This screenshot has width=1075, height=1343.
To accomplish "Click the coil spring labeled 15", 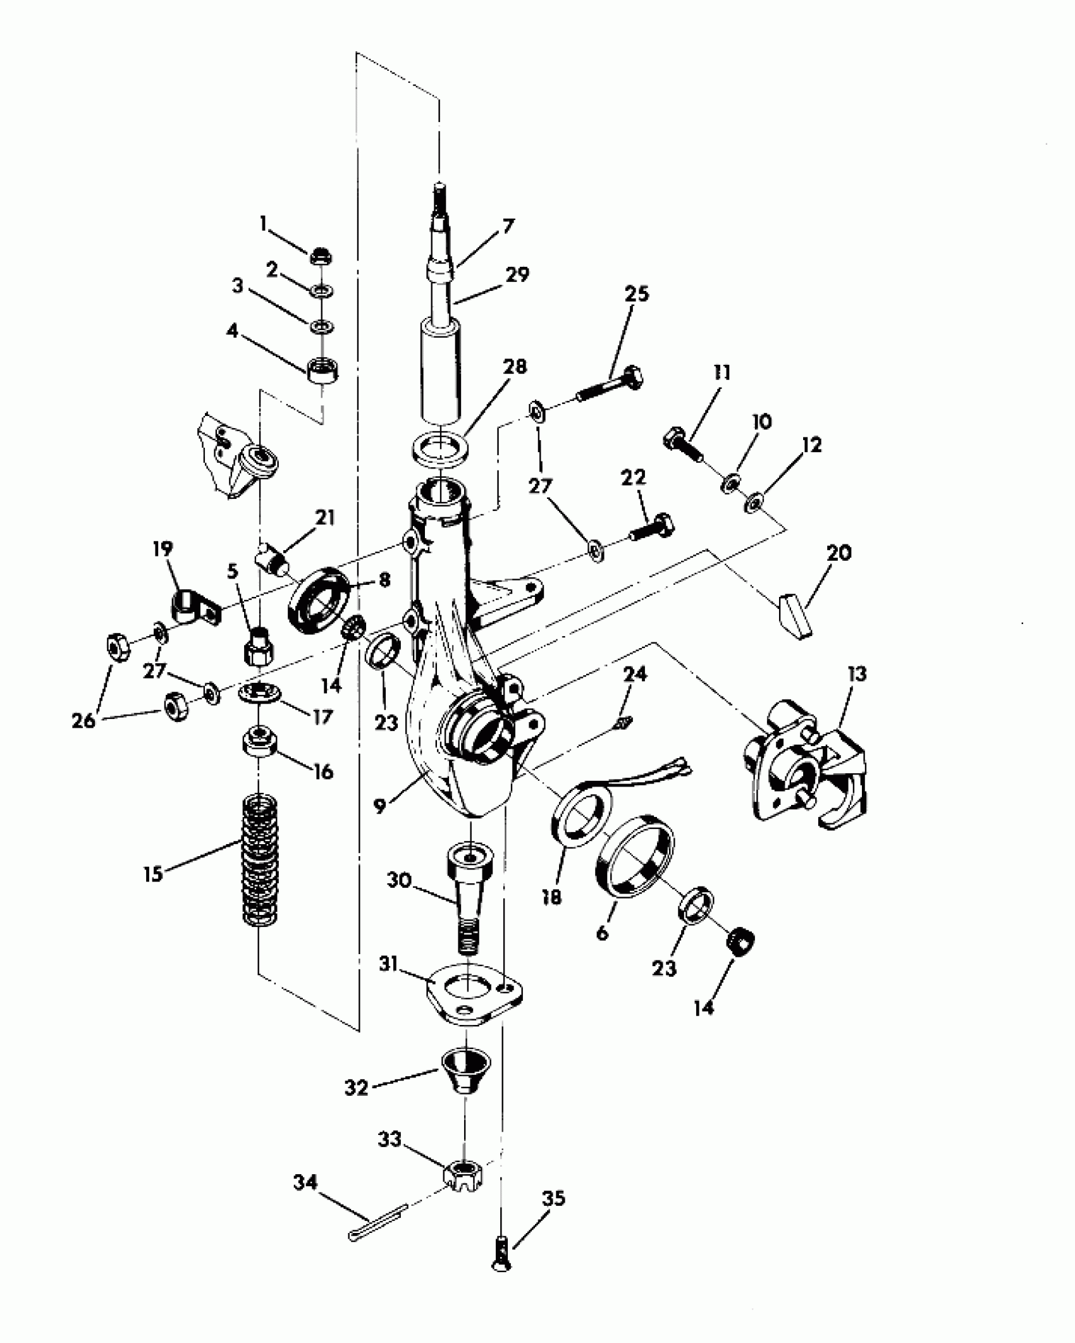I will [x=261, y=861].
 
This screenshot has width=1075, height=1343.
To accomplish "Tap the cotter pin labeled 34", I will [x=376, y=1224].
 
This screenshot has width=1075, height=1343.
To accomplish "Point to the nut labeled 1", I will [x=322, y=256].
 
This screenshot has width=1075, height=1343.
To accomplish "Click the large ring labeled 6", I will [x=636, y=855].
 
